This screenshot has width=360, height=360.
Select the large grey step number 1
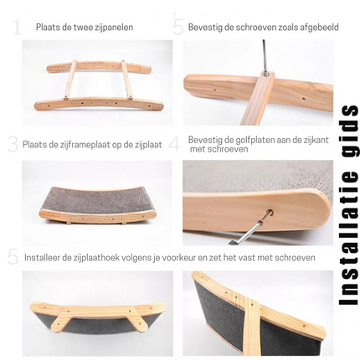tap(18, 28)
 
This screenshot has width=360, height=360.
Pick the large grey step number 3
tap(13, 144)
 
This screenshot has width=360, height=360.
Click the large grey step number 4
tap(174, 144)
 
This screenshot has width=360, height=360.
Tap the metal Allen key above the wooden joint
tap(264, 57)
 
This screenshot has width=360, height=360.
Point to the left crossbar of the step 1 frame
tap(70, 80)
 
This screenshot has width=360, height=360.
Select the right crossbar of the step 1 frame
tap(126, 80)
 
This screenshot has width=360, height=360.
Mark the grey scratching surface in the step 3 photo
tap(97, 200)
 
